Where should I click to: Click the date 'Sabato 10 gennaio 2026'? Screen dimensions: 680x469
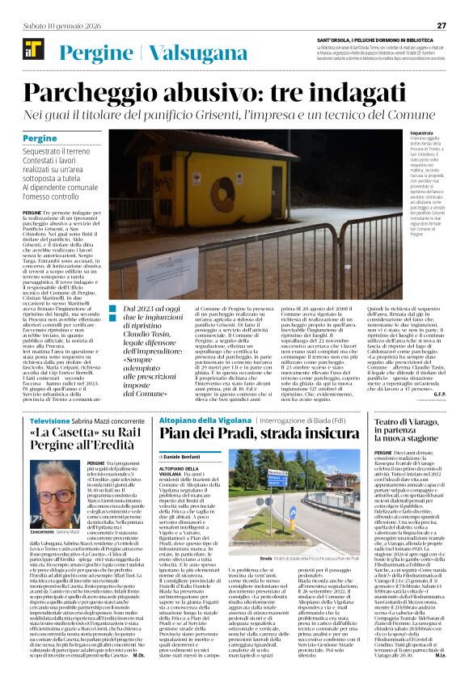click(59, 25)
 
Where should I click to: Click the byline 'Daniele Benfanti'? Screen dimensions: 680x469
click(184, 458)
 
